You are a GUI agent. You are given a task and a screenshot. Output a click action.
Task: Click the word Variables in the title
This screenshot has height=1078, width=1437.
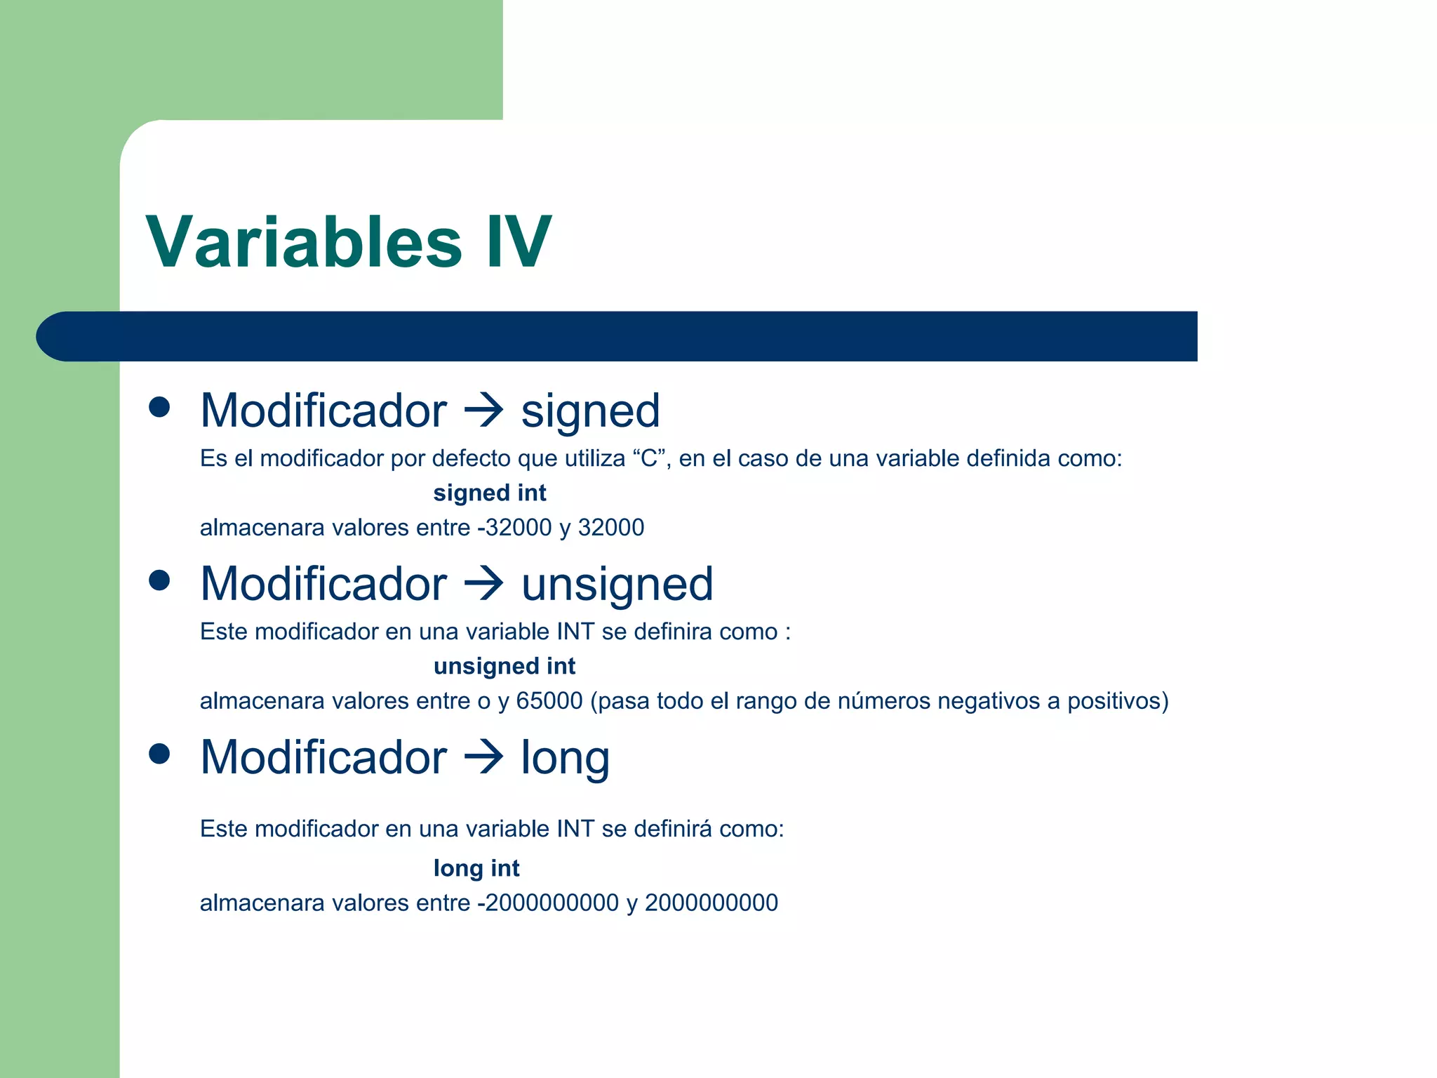click(x=304, y=242)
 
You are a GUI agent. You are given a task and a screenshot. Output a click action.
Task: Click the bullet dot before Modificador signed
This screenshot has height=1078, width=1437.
click(x=160, y=407)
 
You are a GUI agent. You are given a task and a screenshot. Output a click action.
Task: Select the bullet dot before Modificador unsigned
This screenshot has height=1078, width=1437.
click(x=160, y=580)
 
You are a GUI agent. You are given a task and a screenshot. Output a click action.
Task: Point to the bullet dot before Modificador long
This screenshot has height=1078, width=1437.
click(x=160, y=754)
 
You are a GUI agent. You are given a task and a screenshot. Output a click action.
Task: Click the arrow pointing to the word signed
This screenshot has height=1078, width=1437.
click(x=484, y=410)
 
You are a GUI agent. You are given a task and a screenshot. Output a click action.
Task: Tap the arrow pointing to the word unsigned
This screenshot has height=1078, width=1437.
click(x=484, y=583)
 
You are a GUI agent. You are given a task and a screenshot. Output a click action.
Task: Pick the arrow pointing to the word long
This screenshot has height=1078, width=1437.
click(x=484, y=757)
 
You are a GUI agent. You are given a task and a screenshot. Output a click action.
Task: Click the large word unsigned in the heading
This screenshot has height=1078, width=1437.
click(x=617, y=585)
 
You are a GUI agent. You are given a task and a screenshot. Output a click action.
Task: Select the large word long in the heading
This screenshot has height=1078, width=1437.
click(x=565, y=759)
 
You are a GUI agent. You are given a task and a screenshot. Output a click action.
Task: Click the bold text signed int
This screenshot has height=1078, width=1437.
click(x=489, y=493)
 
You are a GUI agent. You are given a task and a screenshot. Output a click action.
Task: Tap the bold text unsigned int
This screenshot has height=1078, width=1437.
click(x=504, y=666)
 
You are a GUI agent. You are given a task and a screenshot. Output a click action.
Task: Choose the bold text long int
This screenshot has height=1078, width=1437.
click(x=476, y=868)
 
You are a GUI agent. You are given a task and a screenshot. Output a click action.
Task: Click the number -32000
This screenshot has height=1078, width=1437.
click(x=514, y=527)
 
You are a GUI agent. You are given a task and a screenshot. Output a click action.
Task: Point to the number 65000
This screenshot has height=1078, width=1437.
click(x=549, y=700)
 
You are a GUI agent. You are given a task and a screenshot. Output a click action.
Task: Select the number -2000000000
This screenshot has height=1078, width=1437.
click(x=548, y=903)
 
